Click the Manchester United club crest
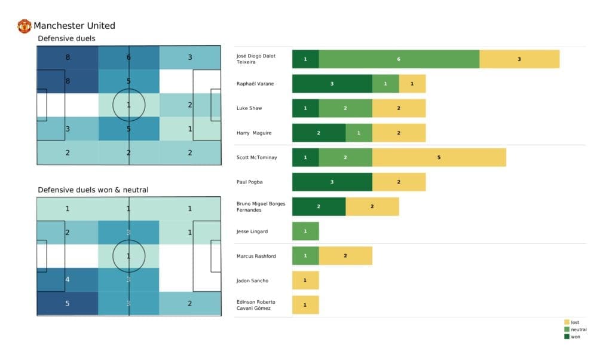[x=25, y=26]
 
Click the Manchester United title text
[x=74, y=26]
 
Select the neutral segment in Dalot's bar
[x=399, y=59]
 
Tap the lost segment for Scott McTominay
[x=439, y=157]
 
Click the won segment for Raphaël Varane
[x=332, y=84]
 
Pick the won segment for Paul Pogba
[x=332, y=182]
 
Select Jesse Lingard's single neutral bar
[x=305, y=231]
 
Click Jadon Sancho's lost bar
[x=305, y=280]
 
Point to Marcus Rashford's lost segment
[x=345, y=255]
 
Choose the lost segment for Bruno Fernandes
[x=372, y=206]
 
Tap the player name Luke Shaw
[x=249, y=108]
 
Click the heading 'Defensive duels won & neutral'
[x=93, y=190]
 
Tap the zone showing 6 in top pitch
[x=128, y=57]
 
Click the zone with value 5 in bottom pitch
[x=68, y=303]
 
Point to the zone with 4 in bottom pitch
[x=68, y=279]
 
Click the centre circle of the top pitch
[x=128, y=105]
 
